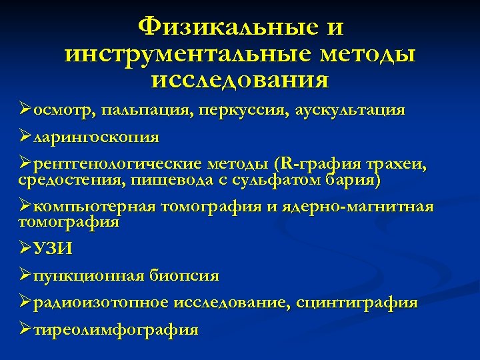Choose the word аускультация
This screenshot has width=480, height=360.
pos(349,110)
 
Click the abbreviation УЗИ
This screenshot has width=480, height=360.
pos(53,249)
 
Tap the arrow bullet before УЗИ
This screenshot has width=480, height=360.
pos(26,249)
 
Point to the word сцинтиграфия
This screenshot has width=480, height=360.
pos(358,303)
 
